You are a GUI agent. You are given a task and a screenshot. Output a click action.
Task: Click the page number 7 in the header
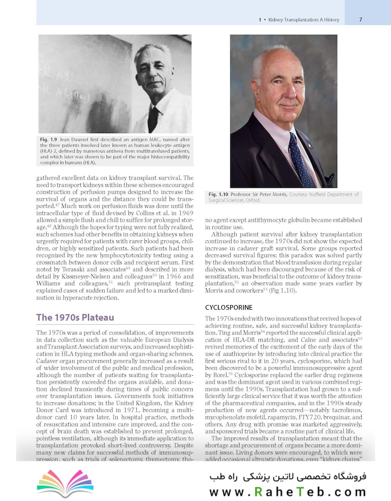click(x=360, y=19)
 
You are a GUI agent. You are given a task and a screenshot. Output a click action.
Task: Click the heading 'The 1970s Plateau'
click(x=75, y=318)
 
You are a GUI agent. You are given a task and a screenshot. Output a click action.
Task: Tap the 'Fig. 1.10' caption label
click(x=219, y=194)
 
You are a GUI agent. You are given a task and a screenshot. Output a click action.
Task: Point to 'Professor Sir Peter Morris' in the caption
click(x=260, y=194)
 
